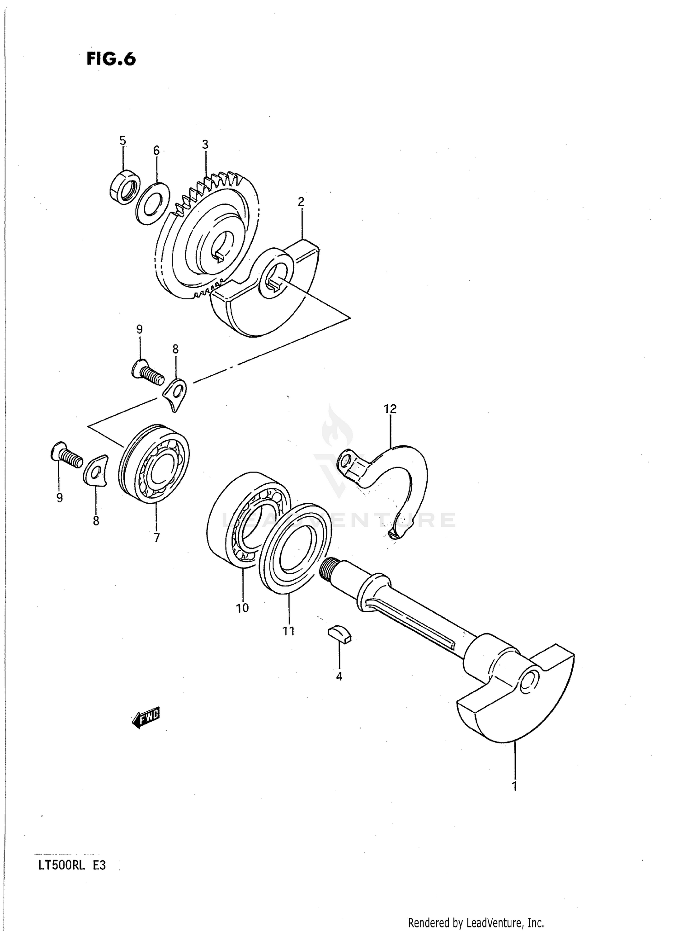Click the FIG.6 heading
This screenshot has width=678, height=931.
tap(111, 59)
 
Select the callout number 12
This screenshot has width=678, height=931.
tap(390, 409)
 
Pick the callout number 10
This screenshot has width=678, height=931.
tap(242, 608)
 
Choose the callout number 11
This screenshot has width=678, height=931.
tap(288, 631)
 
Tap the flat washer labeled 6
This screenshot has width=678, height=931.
tap(153, 203)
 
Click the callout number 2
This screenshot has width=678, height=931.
tap(301, 202)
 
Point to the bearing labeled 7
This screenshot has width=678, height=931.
tap(154, 464)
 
